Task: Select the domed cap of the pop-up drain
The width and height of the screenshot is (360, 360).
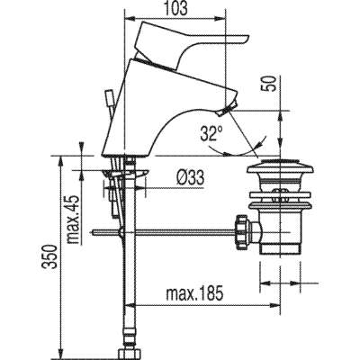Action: click(279, 167)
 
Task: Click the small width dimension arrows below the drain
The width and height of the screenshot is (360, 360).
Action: click(280, 287)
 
